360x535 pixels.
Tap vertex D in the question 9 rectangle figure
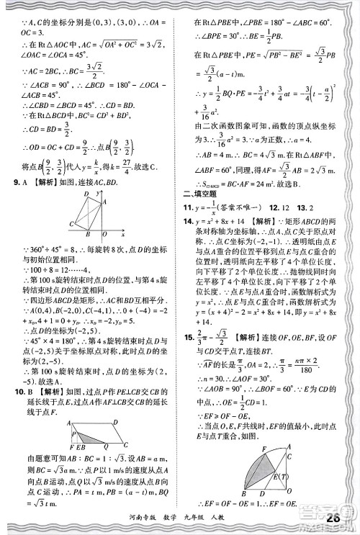tap(86, 195)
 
